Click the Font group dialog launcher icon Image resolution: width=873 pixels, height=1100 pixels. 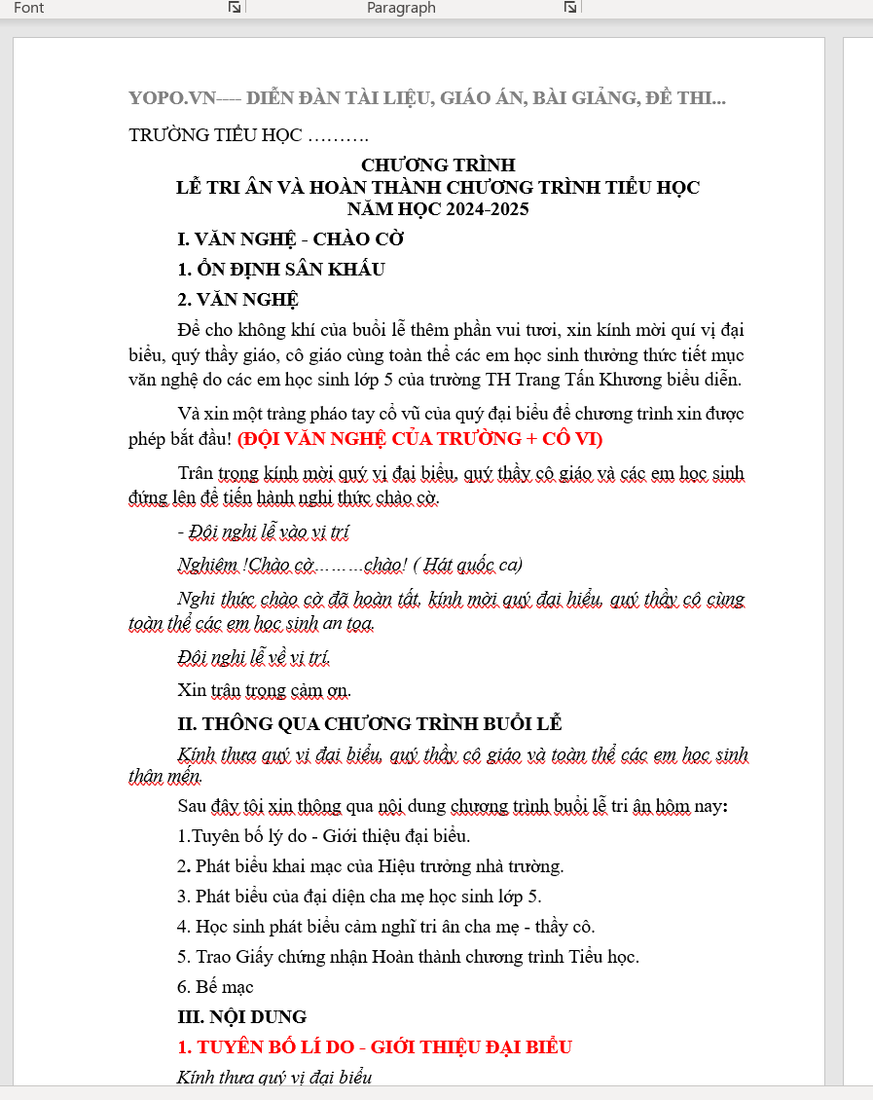coord(235,8)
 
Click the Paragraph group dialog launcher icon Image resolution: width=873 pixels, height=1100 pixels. coord(570,8)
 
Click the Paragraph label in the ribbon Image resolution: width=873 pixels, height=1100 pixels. coord(401,8)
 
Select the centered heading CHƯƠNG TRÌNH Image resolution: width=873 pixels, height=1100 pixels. coord(438,165)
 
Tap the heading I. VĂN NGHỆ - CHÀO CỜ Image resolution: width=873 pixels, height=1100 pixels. coord(290,239)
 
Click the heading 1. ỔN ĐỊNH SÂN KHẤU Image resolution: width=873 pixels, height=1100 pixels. coord(281,270)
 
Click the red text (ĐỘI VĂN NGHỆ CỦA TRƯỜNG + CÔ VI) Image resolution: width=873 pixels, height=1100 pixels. coord(419,439)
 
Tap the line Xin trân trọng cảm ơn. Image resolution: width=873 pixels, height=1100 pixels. coord(264,691)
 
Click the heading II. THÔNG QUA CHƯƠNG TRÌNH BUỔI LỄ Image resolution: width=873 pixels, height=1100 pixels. coord(370,724)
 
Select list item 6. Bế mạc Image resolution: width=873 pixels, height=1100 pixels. coord(215,987)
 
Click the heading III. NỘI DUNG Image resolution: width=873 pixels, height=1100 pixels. coord(241,1017)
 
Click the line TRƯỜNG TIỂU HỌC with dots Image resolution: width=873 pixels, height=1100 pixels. coord(248,135)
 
